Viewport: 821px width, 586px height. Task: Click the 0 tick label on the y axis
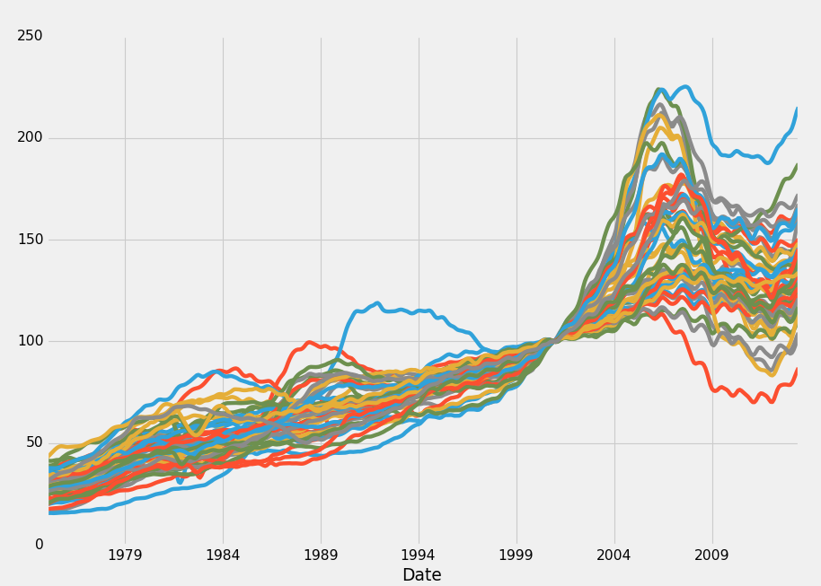pyautogui.click(x=39, y=545)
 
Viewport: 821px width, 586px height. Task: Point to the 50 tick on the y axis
pyautogui.click(x=33, y=442)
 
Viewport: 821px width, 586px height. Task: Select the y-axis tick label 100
pyautogui.click(x=30, y=341)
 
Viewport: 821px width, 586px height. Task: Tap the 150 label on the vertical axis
pyautogui.click(x=30, y=240)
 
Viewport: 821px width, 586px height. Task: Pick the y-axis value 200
pyautogui.click(x=30, y=137)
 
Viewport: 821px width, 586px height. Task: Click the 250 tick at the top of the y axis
pyautogui.click(x=30, y=36)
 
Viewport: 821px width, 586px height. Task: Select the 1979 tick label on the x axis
pyautogui.click(x=125, y=555)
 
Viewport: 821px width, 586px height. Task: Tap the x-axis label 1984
pyautogui.click(x=223, y=555)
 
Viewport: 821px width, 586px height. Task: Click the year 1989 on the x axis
pyautogui.click(x=321, y=555)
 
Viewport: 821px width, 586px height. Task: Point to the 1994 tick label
pyautogui.click(x=419, y=555)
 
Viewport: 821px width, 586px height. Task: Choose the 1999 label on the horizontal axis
pyautogui.click(x=516, y=555)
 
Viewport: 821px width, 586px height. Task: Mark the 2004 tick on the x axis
pyautogui.click(x=614, y=555)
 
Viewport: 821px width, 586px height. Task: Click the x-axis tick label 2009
pyautogui.click(x=712, y=555)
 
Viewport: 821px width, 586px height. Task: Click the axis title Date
pyautogui.click(x=421, y=575)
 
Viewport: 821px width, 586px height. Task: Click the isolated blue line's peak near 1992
pyautogui.click(x=376, y=303)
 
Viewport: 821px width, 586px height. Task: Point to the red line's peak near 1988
pyautogui.click(x=309, y=342)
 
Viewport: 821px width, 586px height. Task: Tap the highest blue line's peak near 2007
pyautogui.click(x=685, y=87)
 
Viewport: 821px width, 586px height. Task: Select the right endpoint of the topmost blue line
pyautogui.click(x=796, y=109)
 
